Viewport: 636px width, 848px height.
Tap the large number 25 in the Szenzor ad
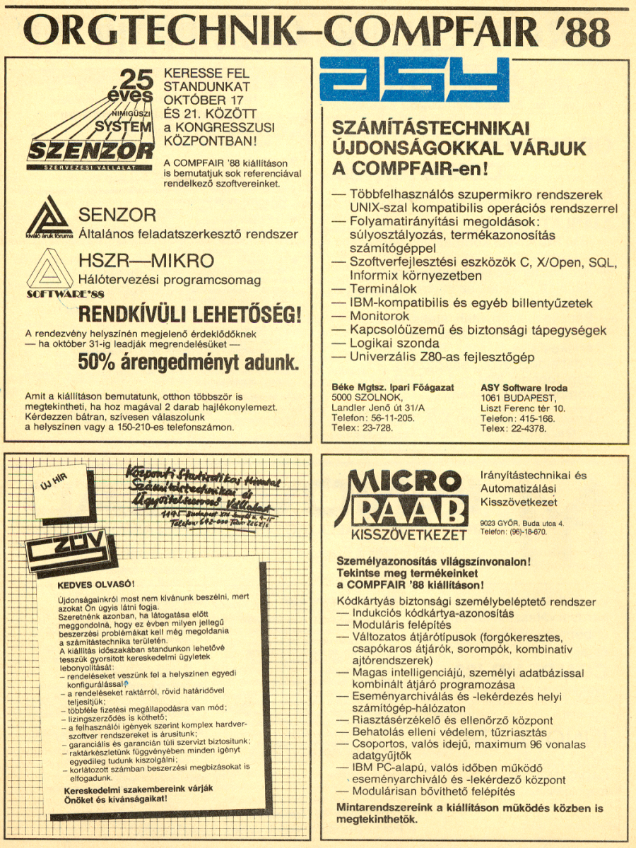136,78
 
